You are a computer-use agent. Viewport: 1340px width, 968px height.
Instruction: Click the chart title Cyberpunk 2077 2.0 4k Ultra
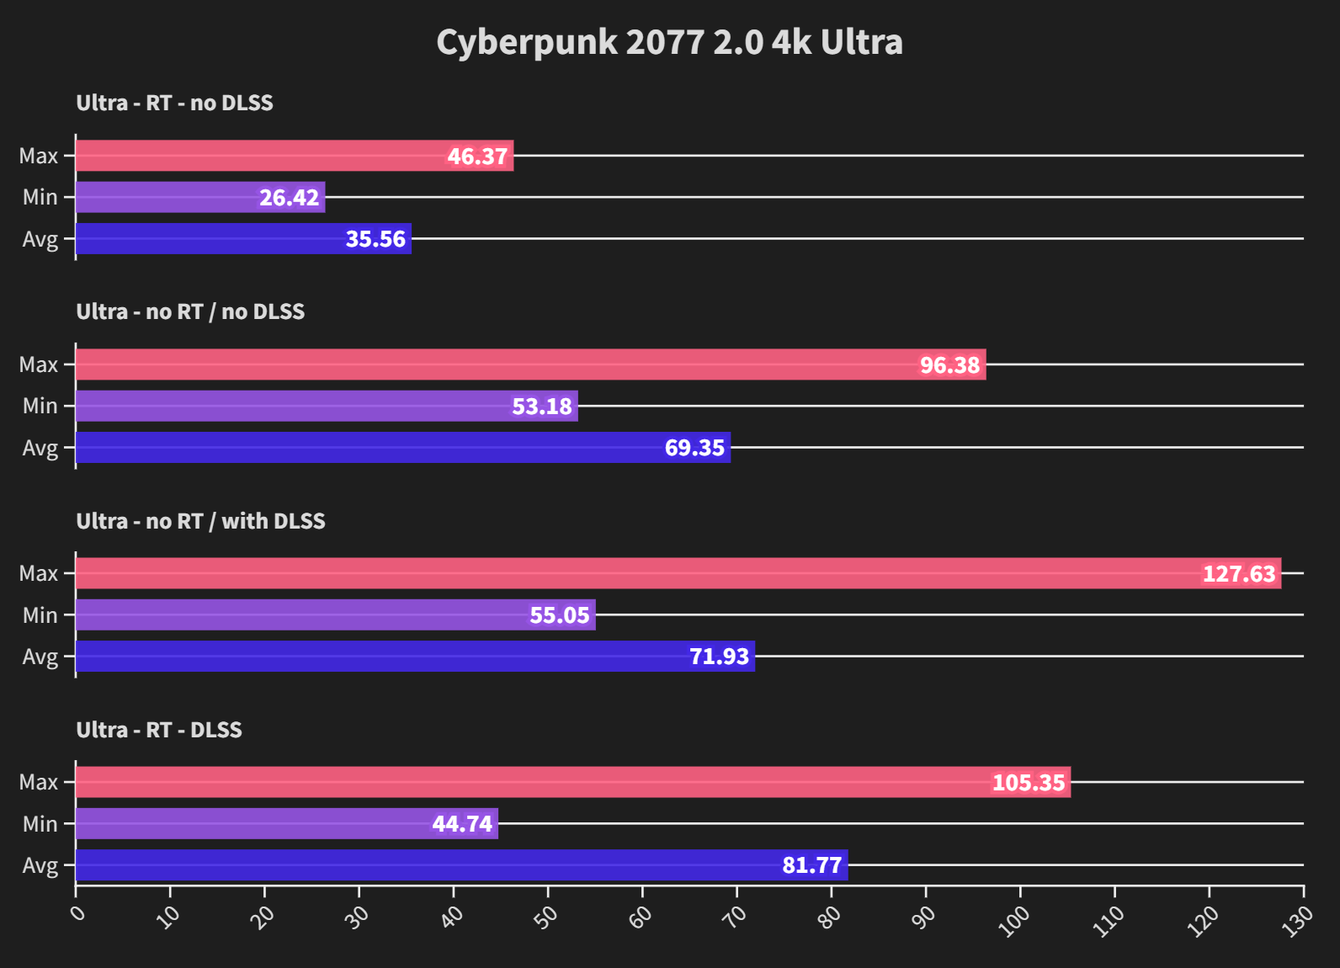coord(669,42)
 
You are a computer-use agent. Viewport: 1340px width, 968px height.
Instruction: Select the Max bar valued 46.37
coord(295,156)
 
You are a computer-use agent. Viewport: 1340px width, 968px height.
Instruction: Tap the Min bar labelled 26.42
coord(200,197)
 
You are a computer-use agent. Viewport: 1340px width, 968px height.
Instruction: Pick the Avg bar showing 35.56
coord(243,239)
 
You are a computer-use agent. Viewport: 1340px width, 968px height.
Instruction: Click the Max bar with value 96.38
coord(530,364)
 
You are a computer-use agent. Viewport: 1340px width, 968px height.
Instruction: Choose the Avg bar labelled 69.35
coord(403,448)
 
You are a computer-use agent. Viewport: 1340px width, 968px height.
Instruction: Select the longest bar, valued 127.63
coord(678,573)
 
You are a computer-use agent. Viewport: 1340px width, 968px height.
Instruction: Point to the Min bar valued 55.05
coord(335,615)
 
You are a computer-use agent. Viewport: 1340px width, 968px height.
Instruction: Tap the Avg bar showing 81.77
coord(461,865)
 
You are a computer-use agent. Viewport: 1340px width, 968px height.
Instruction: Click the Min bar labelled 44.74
coord(287,823)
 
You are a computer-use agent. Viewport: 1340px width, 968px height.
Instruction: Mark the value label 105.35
coord(1029,783)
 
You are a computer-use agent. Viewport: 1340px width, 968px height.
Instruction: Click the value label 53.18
coord(542,407)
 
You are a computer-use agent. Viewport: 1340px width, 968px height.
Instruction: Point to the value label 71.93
coord(719,657)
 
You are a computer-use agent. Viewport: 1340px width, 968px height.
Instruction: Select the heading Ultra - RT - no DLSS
coord(174,103)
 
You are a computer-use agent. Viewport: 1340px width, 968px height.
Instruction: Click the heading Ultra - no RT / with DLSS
coord(200,521)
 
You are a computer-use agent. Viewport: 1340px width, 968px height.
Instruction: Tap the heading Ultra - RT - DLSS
coord(159,730)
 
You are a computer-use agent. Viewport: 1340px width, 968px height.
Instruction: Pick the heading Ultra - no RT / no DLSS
coord(190,311)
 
